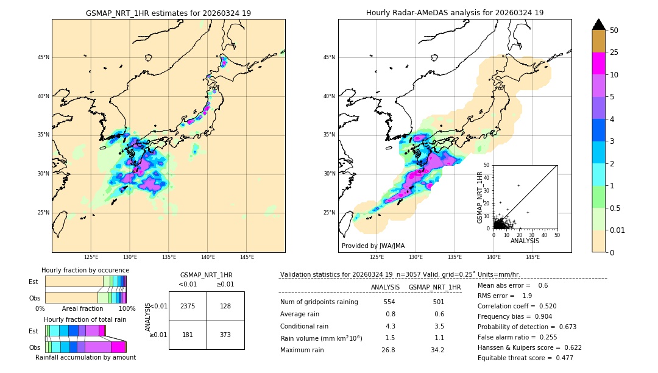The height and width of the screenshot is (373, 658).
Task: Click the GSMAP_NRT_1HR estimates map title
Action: pos(168,13)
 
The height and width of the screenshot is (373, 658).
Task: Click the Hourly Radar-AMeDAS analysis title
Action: pos(455,13)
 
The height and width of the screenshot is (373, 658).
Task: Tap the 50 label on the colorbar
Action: pos(614,30)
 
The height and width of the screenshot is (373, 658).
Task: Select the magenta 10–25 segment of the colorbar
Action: pos(598,63)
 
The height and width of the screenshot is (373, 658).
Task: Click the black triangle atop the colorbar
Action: pos(598,24)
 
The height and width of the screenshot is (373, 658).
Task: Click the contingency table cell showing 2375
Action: pos(188,306)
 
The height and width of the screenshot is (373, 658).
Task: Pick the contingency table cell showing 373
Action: pos(225,335)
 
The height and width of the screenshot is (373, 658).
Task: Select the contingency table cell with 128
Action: pos(225,306)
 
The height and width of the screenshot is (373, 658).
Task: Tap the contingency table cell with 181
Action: pos(188,335)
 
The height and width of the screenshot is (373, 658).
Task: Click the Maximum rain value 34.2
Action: pos(438,350)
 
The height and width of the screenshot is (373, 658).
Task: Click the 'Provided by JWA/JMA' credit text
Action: pos(373,246)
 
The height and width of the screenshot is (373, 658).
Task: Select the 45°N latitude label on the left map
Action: pos(43,57)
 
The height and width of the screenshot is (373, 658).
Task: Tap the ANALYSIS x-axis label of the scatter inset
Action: pos(525,241)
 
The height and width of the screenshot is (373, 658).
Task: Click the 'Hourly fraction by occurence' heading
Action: pos(85,270)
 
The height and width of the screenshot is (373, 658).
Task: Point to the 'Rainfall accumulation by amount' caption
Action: pos(85,357)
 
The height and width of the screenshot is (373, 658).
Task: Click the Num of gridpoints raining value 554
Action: pos(389,302)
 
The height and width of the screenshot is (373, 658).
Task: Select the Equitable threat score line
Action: pos(525,358)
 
